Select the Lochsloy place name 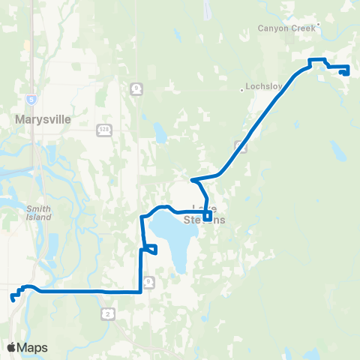[x=263, y=86]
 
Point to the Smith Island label [x=38, y=213]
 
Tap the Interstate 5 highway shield [x=31, y=98]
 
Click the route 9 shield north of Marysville [x=136, y=88]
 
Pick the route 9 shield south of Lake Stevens [x=150, y=280]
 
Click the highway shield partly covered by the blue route [x=240, y=145]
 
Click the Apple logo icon [x=11, y=347]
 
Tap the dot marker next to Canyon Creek [x=318, y=24]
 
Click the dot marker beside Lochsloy [x=242, y=89]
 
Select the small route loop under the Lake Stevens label [x=208, y=218]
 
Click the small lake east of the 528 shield [x=160, y=133]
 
